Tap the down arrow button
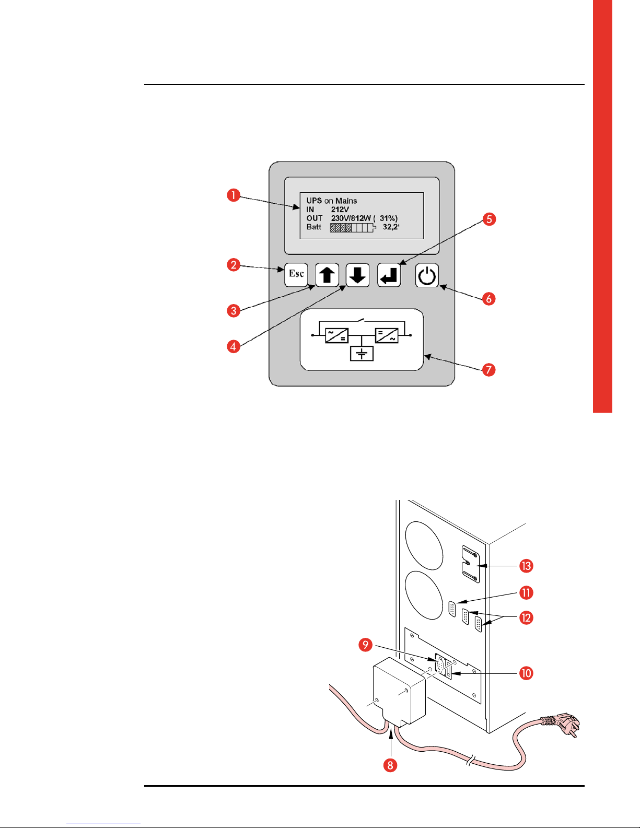pos(358,275)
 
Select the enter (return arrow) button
pos(389,275)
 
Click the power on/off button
pos(427,275)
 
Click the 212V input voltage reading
pos(340,209)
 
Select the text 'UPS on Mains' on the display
pos(331,201)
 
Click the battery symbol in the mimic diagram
pos(362,354)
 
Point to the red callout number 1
pos(233,195)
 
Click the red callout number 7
pos(488,370)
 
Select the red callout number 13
pos(526,566)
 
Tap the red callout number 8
pos(390,765)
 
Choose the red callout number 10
pos(526,673)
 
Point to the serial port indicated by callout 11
pos(452,609)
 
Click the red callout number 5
pos(489,219)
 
